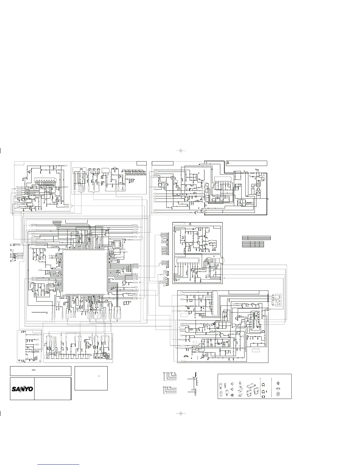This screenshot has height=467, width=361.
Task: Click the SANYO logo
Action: point(22,389)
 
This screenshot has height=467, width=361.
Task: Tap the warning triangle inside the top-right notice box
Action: point(228,163)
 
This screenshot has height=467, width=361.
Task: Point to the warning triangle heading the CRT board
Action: point(190,224)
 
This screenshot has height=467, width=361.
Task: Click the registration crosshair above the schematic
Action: point(181,151)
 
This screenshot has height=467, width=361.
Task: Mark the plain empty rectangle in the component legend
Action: point(263,397)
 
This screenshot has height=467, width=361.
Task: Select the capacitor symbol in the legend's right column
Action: point(278,389)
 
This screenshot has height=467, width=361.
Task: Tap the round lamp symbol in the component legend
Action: point(278,383)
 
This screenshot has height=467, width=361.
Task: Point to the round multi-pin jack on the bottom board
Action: point(106,356)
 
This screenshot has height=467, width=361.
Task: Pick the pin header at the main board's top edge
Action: point(57,222)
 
